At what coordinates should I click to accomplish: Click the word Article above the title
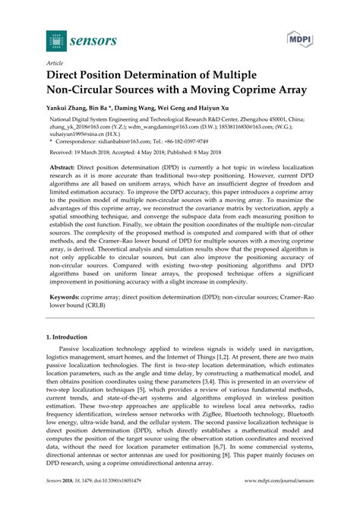(x=55, y=65)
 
